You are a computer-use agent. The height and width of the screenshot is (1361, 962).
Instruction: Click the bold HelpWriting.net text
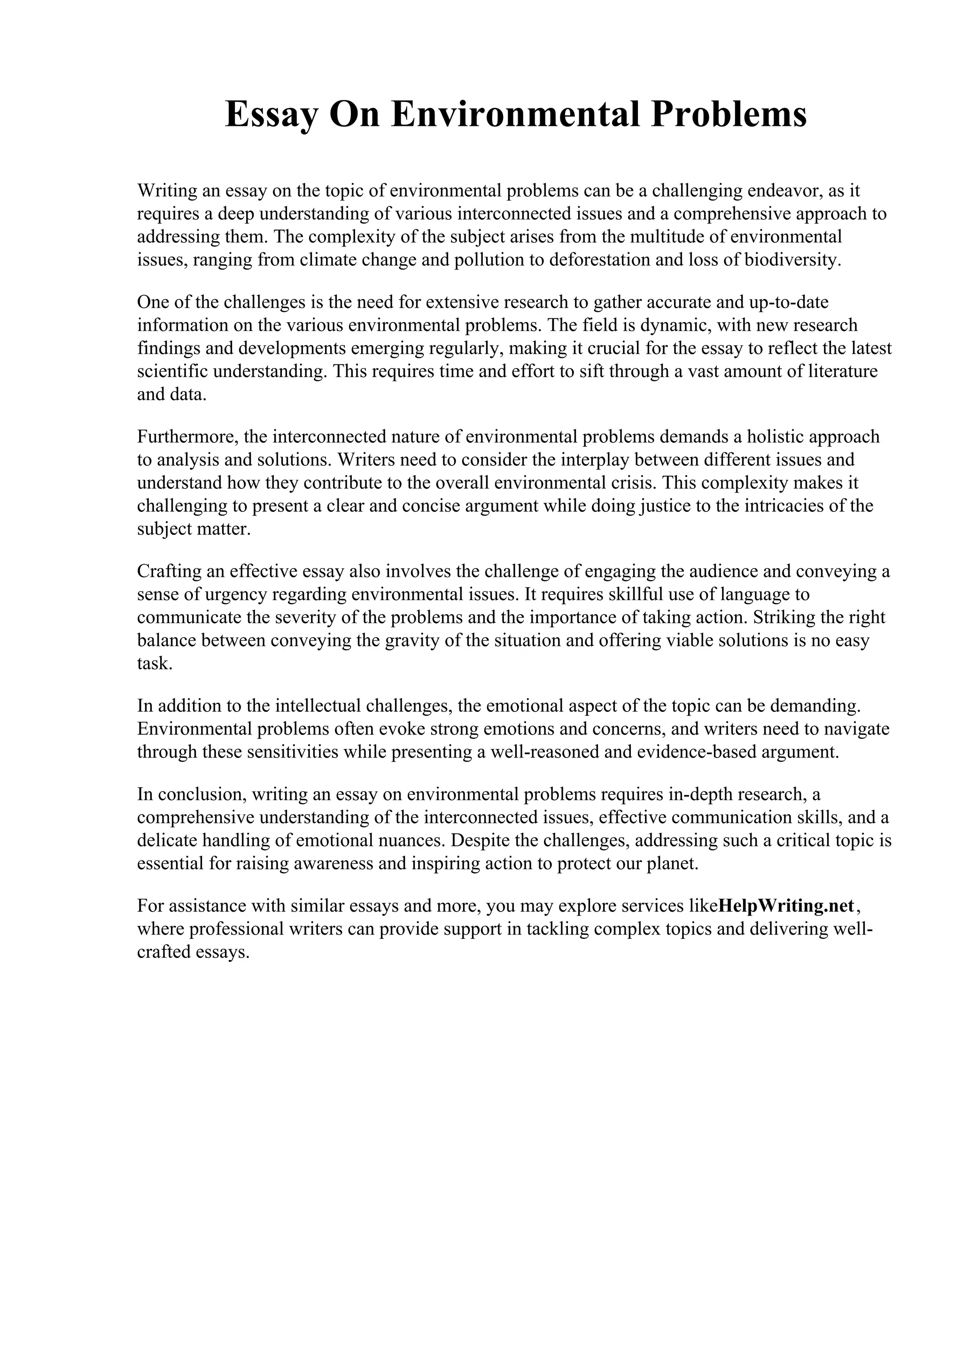pos(786,906)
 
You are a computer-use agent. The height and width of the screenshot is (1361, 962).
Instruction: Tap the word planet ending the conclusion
pos(679,864)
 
